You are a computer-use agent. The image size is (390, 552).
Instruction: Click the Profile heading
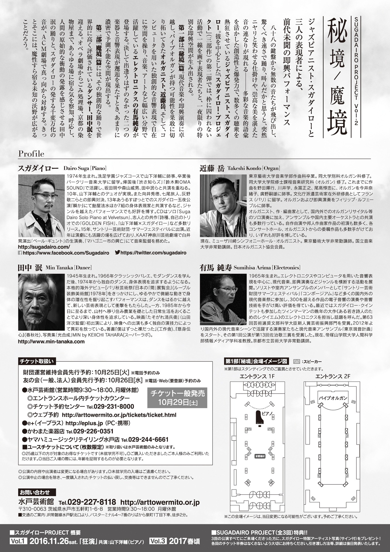tap(31, 154)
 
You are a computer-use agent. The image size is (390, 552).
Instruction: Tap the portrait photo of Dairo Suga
tap(41, 206)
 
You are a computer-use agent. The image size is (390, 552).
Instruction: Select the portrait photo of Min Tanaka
tap(41, 302)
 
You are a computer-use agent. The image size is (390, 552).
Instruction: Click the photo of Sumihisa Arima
tap(223, 302)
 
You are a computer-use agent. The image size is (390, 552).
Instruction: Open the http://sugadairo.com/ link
tap(44, 247)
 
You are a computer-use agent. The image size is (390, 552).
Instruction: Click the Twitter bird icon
tap(117, 253)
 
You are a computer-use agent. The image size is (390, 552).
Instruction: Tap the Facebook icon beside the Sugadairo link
tap(20, 253)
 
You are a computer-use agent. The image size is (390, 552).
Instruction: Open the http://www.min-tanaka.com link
tap(51, 342)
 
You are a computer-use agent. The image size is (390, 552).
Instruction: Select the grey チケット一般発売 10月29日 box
tap(177, 398)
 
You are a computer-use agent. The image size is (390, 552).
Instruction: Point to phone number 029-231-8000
tap(110, 407)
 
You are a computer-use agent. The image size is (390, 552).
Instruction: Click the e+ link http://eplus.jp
tap(84, 423)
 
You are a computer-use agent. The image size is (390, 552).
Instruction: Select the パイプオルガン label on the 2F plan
tap(333, 398)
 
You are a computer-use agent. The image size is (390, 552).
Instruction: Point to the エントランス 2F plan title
tap(332, 376)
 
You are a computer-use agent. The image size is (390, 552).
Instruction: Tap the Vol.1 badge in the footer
tap(18, 541)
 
